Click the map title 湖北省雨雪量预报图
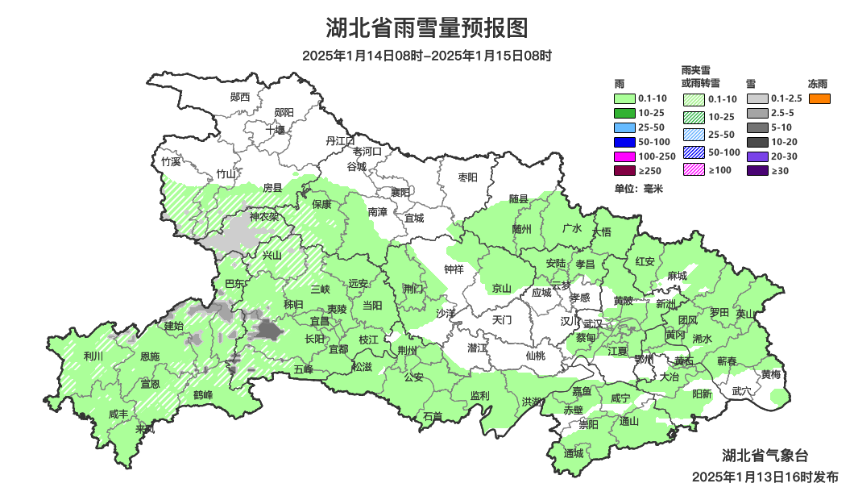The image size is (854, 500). (x=427, y=28)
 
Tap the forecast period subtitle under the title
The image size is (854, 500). (x=427, y=56)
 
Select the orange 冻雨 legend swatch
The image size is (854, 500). (x=819, y=99)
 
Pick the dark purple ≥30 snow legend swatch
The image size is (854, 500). (x=757, y=170)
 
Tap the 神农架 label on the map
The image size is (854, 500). (x=263, y=216)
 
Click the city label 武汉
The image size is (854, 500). (x=592, y=323)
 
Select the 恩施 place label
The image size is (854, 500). (x=150, y=356)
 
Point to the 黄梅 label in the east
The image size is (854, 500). (x=771, y=374)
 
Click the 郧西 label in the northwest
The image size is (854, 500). (x=240, y=97)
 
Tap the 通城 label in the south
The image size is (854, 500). (x=574, y=453)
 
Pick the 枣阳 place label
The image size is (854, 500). (x=467, y=177)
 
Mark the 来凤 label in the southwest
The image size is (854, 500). (x=145, y=429)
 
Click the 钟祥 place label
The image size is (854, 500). (x=454, y=269)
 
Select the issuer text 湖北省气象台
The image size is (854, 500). (x=764, y=456)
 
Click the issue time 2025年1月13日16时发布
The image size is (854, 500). (x=764, y=477)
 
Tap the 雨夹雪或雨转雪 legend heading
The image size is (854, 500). (x=701, y=77)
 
